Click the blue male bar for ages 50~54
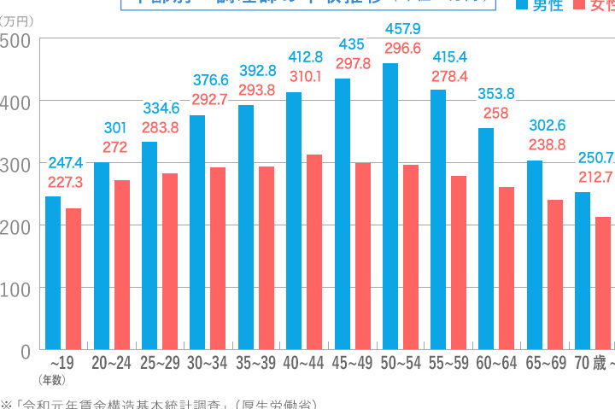click(390, 205)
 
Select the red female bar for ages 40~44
click(315, 252)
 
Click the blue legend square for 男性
click(522, 5)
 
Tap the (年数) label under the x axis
click(53, 380)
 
